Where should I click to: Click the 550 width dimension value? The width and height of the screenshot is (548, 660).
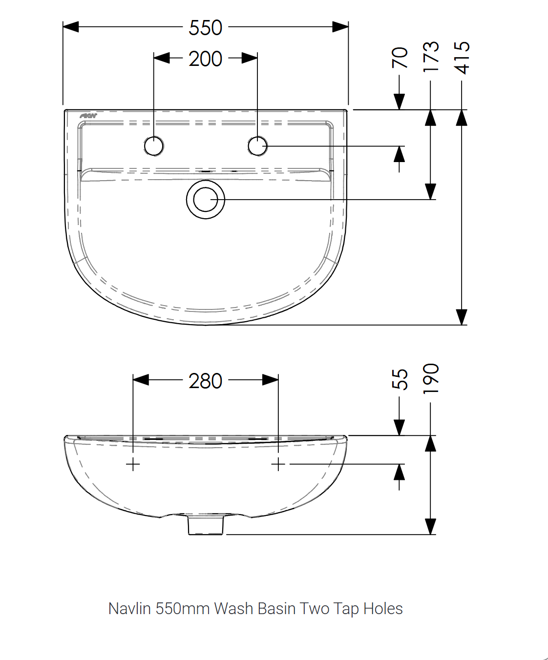(205, 28)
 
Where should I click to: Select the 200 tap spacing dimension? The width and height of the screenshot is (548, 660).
(205, 59)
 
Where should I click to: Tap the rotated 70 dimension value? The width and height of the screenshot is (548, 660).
(400, 58)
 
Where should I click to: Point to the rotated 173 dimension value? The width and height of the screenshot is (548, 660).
(431, 57)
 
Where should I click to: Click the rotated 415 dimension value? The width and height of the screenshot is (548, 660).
(462, 58)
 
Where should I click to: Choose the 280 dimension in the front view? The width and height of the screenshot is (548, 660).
(205, 381)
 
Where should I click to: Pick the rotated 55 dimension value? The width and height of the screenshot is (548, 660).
(400, 379)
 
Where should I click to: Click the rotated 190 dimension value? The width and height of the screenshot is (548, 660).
(431, 379)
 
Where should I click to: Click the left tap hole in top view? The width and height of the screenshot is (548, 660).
(154, 146)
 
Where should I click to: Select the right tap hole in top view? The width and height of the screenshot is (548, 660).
(257, 146)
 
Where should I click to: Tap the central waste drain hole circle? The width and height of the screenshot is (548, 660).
(206, 200)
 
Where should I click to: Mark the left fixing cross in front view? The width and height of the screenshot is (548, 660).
(133, 464)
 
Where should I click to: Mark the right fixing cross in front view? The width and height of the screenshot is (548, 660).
(278, 464)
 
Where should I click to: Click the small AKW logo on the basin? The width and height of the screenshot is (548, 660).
(88, 116)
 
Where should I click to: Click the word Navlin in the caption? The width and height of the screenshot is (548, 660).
(129, 609)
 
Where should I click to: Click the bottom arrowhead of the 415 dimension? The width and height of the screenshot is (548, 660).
(462, 317)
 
